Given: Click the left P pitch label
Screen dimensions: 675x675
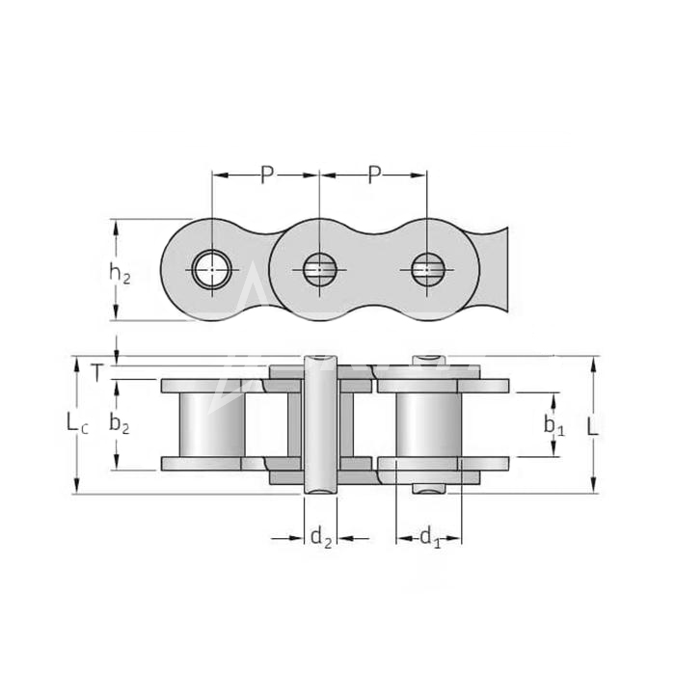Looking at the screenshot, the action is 267,175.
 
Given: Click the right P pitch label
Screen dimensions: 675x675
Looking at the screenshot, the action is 375,175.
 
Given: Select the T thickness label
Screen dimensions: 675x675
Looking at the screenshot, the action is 97,373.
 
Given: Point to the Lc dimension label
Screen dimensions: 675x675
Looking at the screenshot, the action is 78,422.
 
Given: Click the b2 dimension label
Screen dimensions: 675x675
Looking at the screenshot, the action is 120,424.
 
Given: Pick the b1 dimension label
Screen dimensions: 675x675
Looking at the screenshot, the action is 554,426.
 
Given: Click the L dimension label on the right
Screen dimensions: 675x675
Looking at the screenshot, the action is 593,426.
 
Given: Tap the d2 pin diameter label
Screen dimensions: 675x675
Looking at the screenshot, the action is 321,538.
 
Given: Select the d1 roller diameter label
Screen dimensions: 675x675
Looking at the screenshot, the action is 430,538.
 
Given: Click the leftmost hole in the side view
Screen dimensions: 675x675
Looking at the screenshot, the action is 212,270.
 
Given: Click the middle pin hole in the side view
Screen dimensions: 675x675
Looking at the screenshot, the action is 319,270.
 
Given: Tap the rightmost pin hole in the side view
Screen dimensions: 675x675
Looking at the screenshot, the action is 426,270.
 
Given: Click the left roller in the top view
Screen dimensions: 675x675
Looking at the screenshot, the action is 212,425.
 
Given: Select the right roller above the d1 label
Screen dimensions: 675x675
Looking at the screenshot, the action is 429,425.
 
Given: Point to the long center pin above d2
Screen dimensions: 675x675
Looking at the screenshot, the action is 321,425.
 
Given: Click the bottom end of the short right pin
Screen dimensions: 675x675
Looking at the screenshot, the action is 429,489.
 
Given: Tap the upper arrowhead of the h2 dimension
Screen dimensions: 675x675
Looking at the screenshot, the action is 116,228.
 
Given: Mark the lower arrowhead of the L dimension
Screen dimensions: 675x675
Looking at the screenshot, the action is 594,484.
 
